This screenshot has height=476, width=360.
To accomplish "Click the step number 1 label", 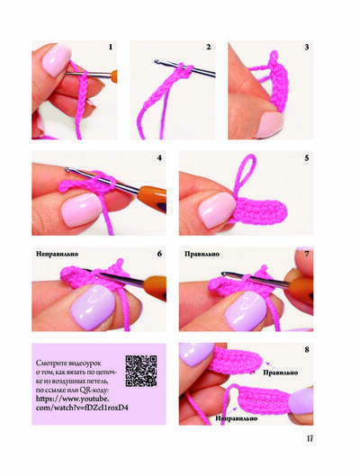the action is click(111, 47).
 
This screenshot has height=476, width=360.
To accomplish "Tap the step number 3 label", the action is click(307, 47).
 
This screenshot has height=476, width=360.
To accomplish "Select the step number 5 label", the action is click(307, 158).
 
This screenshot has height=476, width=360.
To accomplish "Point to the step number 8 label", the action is click(307, 350).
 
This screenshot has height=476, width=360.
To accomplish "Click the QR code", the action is click(141, 371).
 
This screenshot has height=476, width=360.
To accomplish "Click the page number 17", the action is click(310, 439).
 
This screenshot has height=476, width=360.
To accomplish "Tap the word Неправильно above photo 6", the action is click(57, 254).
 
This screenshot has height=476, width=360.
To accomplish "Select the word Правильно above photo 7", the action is click(202, 254).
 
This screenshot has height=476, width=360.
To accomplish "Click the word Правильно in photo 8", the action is click(281, 373).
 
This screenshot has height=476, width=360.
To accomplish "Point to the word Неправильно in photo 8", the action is click(237, 418).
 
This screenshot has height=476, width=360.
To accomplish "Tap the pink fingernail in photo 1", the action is click(56, 60).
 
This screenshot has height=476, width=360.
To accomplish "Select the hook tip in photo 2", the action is click(157, 62).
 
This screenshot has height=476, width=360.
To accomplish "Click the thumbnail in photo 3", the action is click(270, 124).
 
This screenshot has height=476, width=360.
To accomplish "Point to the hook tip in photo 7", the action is click(224, 274).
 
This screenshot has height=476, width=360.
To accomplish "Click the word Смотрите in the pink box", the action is click(49, 363).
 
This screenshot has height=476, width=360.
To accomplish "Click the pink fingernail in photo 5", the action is click(216, 210).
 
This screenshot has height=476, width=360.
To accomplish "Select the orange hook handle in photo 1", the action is click(114, 76).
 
